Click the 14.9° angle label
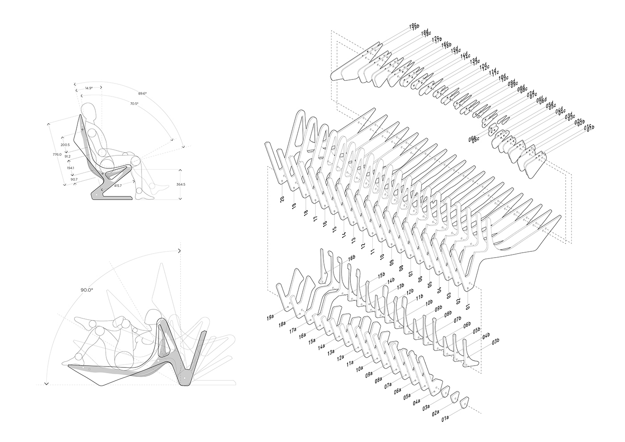point(89,88)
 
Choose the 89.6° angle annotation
point(142,93)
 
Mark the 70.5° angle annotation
point(134,104)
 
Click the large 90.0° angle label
point(87,290)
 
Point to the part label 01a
point(445,418)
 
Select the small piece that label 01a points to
point(464,402)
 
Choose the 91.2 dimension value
point(67,156)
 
